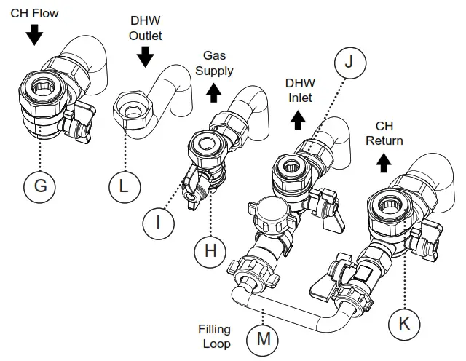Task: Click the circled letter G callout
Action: pos(40,186)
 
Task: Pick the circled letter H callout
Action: pos(210,251)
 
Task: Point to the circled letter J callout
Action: pos(348,63)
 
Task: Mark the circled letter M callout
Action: pos(262,338)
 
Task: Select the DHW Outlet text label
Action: pos(146,28)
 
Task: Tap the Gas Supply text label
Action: pos(218,63)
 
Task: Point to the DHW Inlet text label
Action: pos(299,90)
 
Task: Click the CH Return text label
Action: pos(384,133)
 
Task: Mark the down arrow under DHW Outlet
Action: pos(145,57)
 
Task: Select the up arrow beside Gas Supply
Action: pos(213,92)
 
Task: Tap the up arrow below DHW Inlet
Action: pos(298,120)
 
